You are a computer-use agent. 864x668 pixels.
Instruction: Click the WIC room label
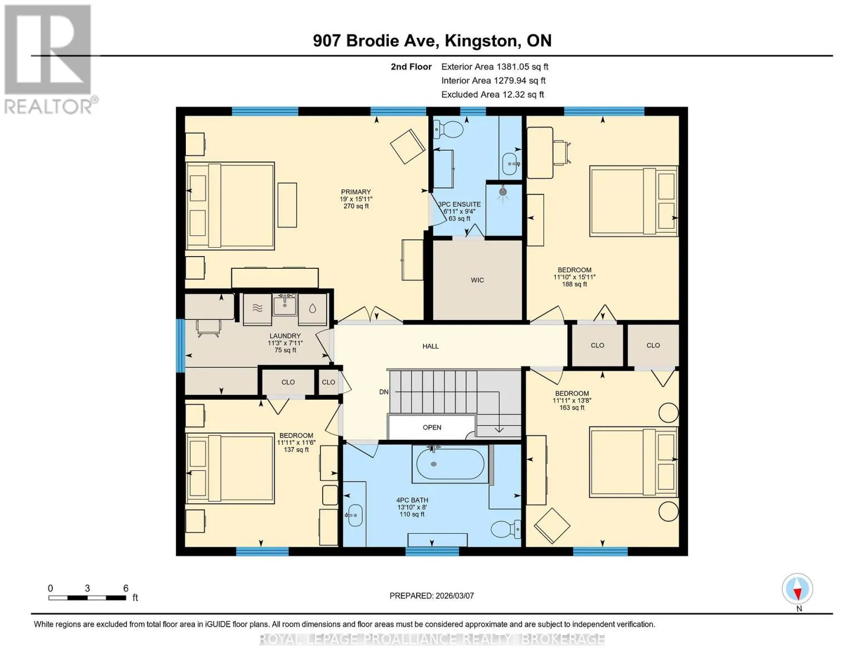pyautogui.click(x=477, y=280)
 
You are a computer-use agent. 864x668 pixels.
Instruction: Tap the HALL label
pyautogui.click(x=431, y=346)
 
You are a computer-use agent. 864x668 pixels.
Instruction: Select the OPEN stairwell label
pyautogui.click(x=432, y=428)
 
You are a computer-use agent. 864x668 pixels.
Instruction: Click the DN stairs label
pyautogui.click(x=384, y=392)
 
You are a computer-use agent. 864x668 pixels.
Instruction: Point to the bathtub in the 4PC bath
pyautogui.click(x=450, y=464)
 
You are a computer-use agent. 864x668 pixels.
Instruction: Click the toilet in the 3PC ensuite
pyautogui.click(x=448, y=129)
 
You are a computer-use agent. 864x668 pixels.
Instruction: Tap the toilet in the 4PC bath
pyautogui.click(x=506, y=529)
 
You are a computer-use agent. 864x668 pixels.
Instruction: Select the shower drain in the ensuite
pyautogui.click(x=503, y=191)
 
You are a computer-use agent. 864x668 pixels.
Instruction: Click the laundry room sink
pyautogui.click(x=285, y=306)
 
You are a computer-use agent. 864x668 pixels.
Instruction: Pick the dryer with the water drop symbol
pyautogui.click(x=313, y=308)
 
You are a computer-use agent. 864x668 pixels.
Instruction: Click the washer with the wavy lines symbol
pyautogui.click(x=257, y=308)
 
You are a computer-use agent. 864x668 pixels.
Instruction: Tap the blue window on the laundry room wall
pyautogui.click(x=180, y=345)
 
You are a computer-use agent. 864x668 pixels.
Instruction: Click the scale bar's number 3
pyautogui.click(x=87, y=588)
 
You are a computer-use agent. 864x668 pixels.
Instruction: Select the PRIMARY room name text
pyautogui.click(x=356, y=191)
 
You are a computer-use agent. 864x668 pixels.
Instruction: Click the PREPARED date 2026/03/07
pyautogui.click(x=455, y=596)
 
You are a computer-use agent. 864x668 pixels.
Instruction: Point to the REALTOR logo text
pyautogui.click(x=48, y=107)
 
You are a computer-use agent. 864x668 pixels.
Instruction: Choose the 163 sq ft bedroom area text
pyautogui.click(x=572, y=407)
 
